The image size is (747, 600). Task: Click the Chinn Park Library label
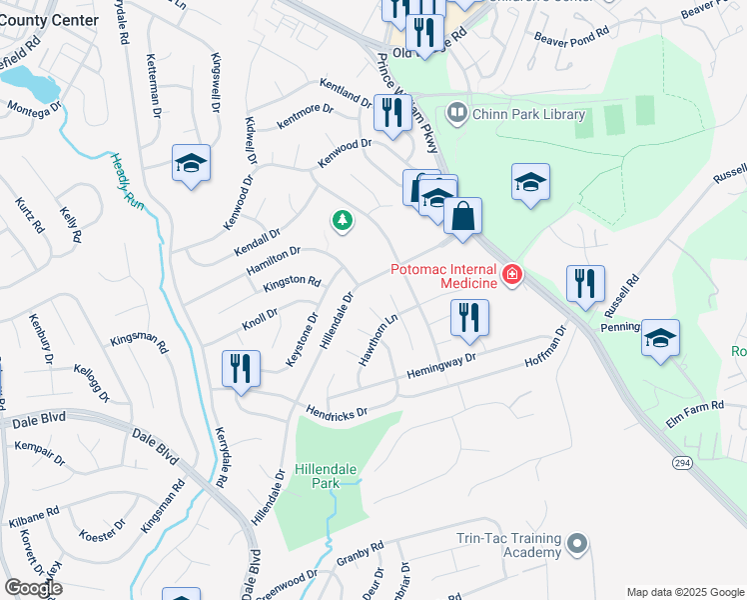529,114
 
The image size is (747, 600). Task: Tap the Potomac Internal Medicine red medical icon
512,274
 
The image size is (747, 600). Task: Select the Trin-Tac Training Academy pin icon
576,544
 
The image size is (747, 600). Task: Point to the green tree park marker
343,220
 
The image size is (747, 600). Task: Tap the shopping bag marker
463,216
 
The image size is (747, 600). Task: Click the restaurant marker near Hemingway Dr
468,318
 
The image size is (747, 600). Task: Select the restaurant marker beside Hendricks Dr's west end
242,368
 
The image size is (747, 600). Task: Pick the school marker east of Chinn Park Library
530,182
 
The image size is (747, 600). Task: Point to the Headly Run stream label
123,179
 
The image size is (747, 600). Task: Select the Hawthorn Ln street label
379,340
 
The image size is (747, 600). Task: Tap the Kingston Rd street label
292,285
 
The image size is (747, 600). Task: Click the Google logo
33,588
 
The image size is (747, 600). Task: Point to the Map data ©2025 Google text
684,591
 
